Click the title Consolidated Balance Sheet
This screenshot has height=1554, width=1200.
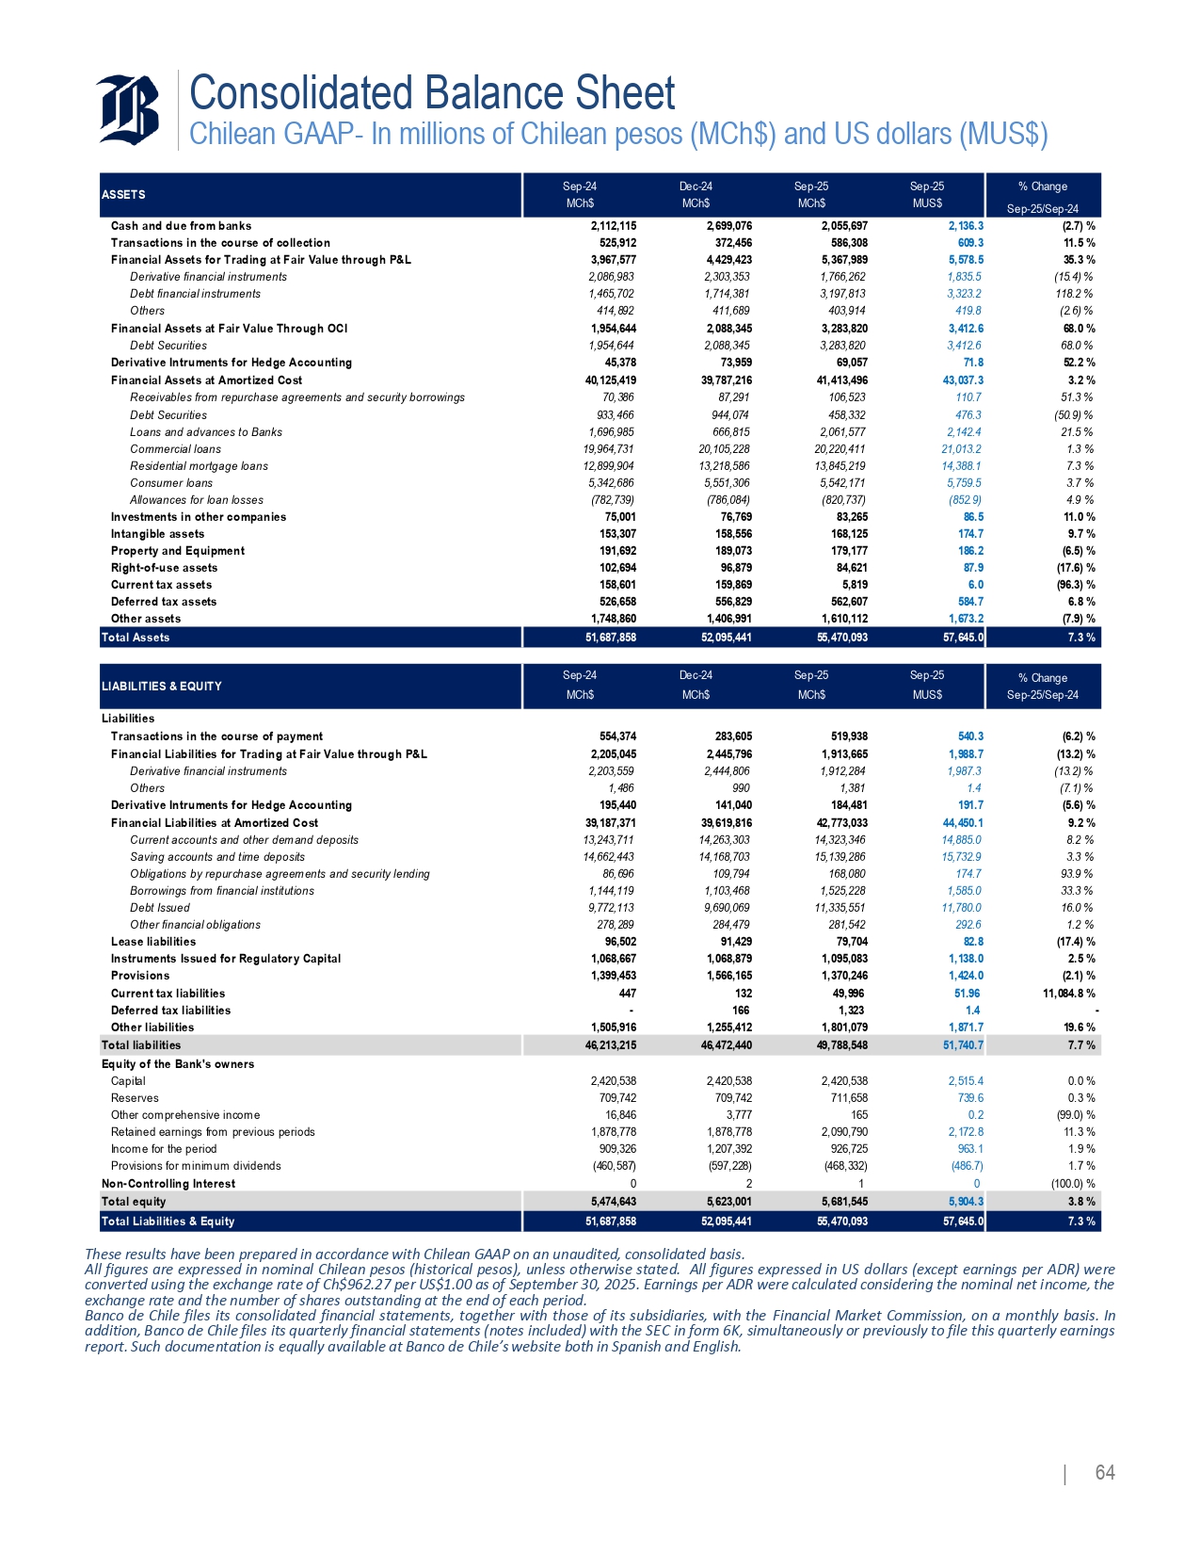[x=432, y=93]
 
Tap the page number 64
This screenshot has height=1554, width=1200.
[x=1104, y=1473]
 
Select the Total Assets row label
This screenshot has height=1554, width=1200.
[x=136, y=638]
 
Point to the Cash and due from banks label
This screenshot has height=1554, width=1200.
[x=181, y=226]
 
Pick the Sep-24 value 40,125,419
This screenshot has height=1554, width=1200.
[x=610, y=380]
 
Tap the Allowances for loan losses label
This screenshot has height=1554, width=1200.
[x=197, y=500]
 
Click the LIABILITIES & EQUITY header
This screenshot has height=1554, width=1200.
[x=162, y=687]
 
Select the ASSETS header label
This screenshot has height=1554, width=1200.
[x=123, y=195]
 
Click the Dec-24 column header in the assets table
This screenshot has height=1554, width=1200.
[x=696, y=186]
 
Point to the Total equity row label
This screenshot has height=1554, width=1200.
[x=134, y=1202]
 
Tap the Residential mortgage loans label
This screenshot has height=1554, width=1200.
[x=199, y=466]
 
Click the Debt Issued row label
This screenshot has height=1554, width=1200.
[x=160, y=908]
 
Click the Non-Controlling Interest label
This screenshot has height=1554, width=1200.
[x=168, y=1184]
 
